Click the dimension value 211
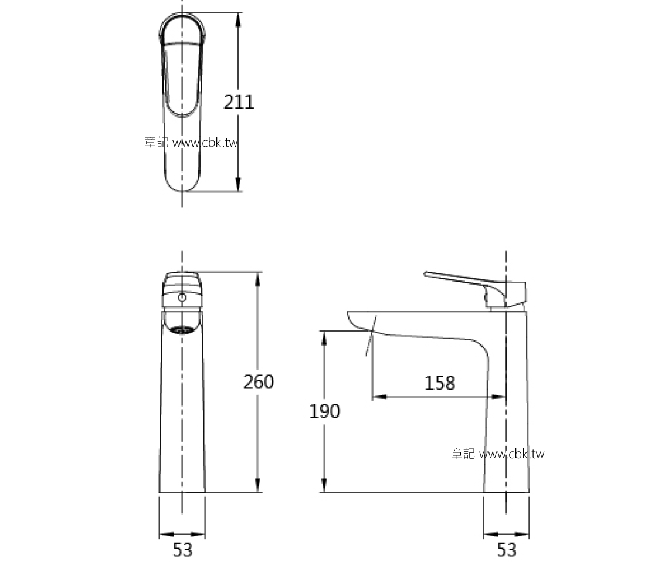coord(239,102)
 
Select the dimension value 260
coord(259,382)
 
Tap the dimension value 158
coord(439,383)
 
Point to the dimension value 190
coord(324,411)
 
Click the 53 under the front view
coord(182,550)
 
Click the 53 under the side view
coord(507,550)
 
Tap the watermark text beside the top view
coord(191,143)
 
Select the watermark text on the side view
coord(497,454)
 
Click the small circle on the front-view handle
coord(182,298)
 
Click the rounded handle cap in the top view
coord(182,29)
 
